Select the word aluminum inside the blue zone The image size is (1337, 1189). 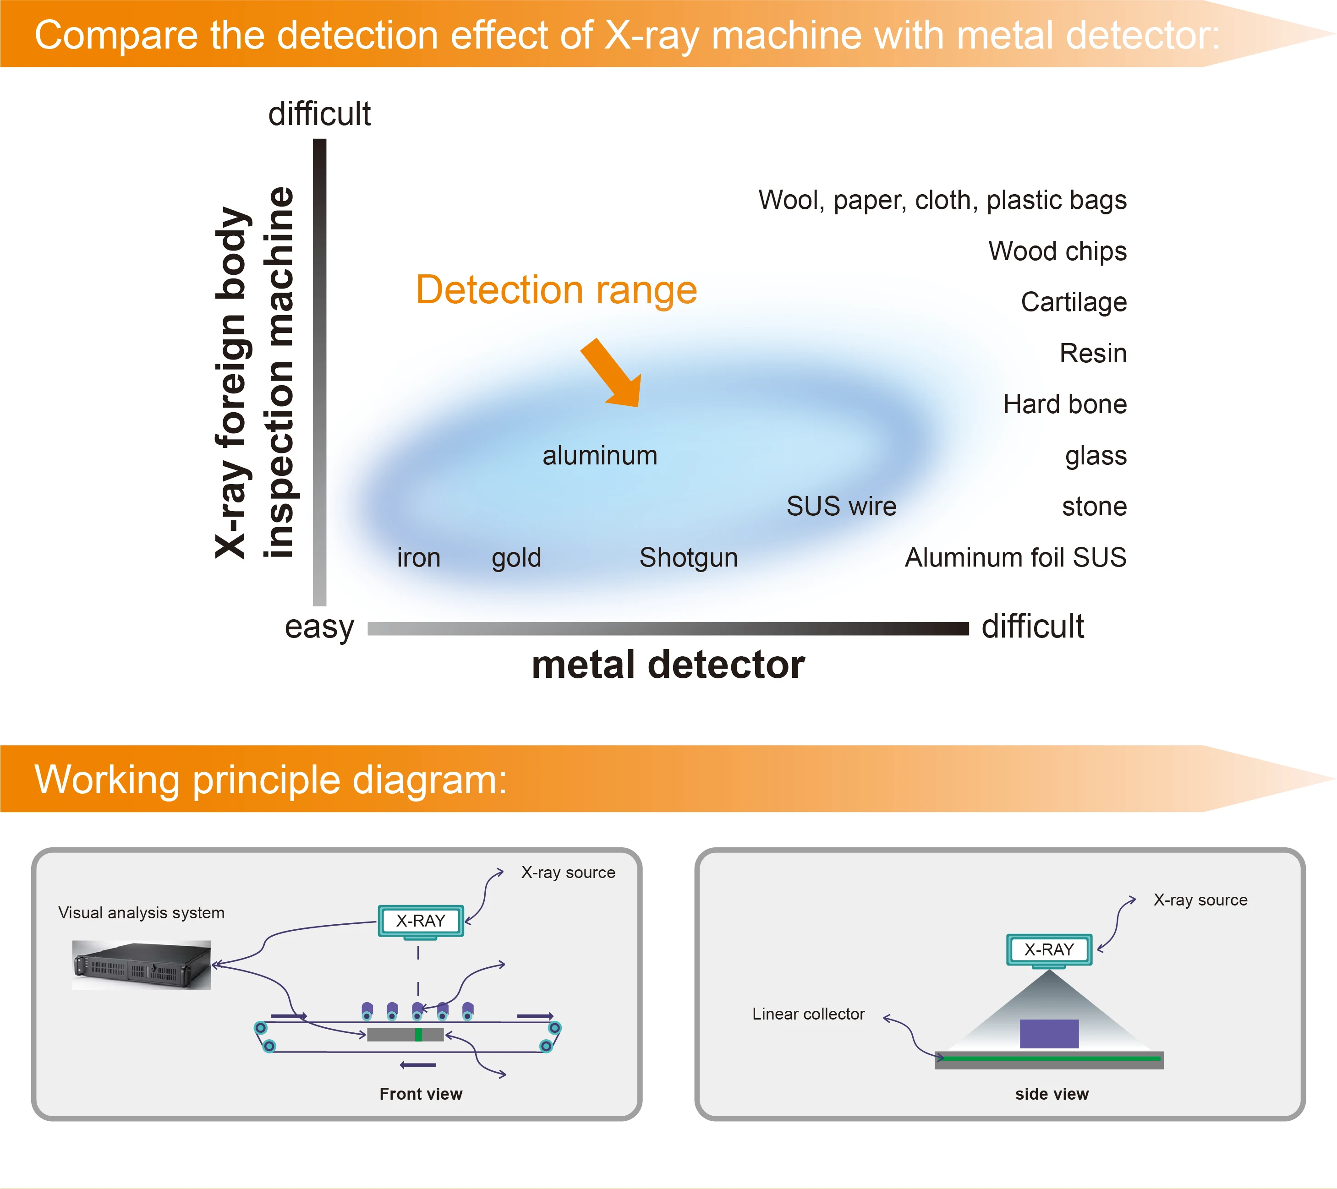pyautogui.click(x=600, y=456)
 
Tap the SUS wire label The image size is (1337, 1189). pyautogui.click(x=841, y=506)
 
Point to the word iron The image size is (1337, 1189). pyautogui.click(x=419, y=557)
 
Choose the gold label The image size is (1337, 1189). pyautogui.click(x=517, y=558)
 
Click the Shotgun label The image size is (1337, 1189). pyautogui.click(x=689, y=558)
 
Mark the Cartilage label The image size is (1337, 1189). pyautogui.click(x=1074, y=303)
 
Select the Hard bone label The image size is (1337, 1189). pyautogui.click(x=1065, y=404)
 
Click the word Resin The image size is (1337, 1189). pyautogui.click(x=1093, y=353)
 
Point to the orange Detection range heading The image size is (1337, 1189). pyautogui.click(x=557, y=290)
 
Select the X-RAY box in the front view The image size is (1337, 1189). pyautogui.click(x=421, y=921)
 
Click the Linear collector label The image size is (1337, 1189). pyautogui.click(x=809, y=1014)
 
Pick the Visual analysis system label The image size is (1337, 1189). pyautogui.click(x=141, y=913)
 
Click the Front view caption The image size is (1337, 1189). pyautogui.click(x=421, y=1094)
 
